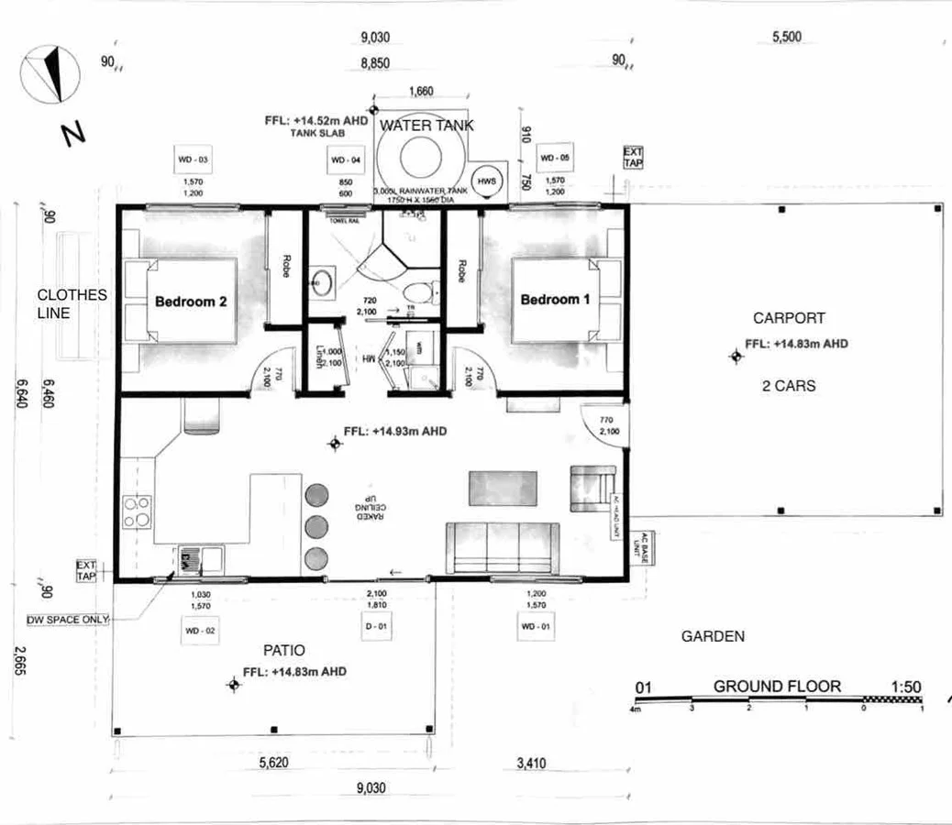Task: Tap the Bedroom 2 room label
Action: tap(191, 302)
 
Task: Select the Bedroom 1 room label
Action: tap(556, 299)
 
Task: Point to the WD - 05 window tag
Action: tap(555, 159)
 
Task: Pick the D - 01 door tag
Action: tap(376, 627)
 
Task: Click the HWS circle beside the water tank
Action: tap(486, 181)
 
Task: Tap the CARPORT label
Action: tap(789, 318)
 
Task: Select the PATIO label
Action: tap(283, 650)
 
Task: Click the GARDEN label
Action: tap(713, 636)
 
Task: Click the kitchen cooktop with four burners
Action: tap(137, 511)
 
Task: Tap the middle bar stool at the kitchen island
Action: tap(316, 526)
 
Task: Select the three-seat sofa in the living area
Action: tap(503, 546)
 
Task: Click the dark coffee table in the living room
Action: tap(503, 488)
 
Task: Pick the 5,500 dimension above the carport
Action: tap(787, 38)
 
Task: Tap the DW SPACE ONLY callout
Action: tap(68, 620)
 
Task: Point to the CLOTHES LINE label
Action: tap(71, 303)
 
